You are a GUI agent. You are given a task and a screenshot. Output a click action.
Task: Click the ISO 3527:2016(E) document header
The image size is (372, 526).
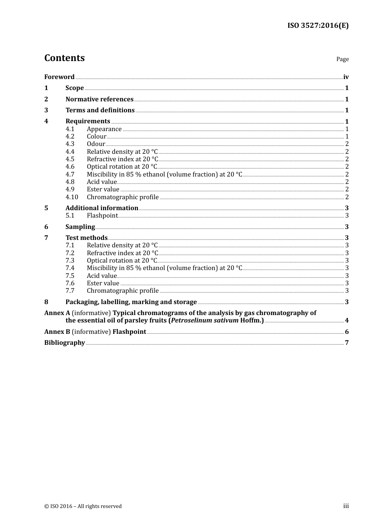pyautogui.click(x=318, y=26)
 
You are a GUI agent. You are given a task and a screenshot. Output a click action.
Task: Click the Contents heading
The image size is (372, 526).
pyautogui.click(x=64, y=58)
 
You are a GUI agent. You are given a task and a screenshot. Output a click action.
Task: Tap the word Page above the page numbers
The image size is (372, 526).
pyautogui.click(x=342, y=59)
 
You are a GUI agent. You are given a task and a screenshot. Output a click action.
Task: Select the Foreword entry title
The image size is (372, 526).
pyautogui.click(x=59, y=77)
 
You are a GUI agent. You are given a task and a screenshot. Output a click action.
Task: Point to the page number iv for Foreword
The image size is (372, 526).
pyautogui.click(x=346, y=77)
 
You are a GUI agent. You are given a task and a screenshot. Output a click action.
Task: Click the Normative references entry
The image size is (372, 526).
pyautogui.click(x=99, y=99)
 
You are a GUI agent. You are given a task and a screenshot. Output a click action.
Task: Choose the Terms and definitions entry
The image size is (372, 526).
pyautogui.click(x=100, y=110)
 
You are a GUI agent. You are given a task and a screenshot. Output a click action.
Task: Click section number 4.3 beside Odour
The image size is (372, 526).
pyautogui.click(x=70, y=144)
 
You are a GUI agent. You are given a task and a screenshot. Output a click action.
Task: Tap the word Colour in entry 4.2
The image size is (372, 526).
pyautogui.click(x=96, y=137)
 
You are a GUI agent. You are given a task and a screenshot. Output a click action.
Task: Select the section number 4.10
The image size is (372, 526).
pyautogui.click(x=72, y=197)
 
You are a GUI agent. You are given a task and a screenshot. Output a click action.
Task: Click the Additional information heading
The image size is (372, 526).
pyautogui.click(x=102, y=208)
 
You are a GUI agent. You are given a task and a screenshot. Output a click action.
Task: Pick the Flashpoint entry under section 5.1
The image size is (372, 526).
pyautogui.click(x=102, y=216)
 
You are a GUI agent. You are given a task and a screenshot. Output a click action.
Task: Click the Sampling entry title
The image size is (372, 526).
pyautogui.click(x=80, y=227)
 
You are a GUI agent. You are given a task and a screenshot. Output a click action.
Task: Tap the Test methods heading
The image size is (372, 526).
pyautogui.click(x=86, y=238)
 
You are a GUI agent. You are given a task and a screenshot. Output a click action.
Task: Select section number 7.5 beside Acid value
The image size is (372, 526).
pyautogui.click(x=70, y=276)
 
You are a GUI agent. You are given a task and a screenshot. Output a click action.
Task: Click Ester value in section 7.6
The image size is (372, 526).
pyautogui.click(x=103, y=283)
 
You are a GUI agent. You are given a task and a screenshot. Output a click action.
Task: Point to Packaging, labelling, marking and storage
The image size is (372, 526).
pyautogui.click(x=131, y=302)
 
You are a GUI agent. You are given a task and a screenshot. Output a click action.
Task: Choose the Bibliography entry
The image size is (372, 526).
pyautogui.click(x=65, y=343)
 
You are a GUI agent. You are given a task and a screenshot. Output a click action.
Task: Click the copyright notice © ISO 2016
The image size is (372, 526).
pyautogui.click(x=83, y=506)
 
